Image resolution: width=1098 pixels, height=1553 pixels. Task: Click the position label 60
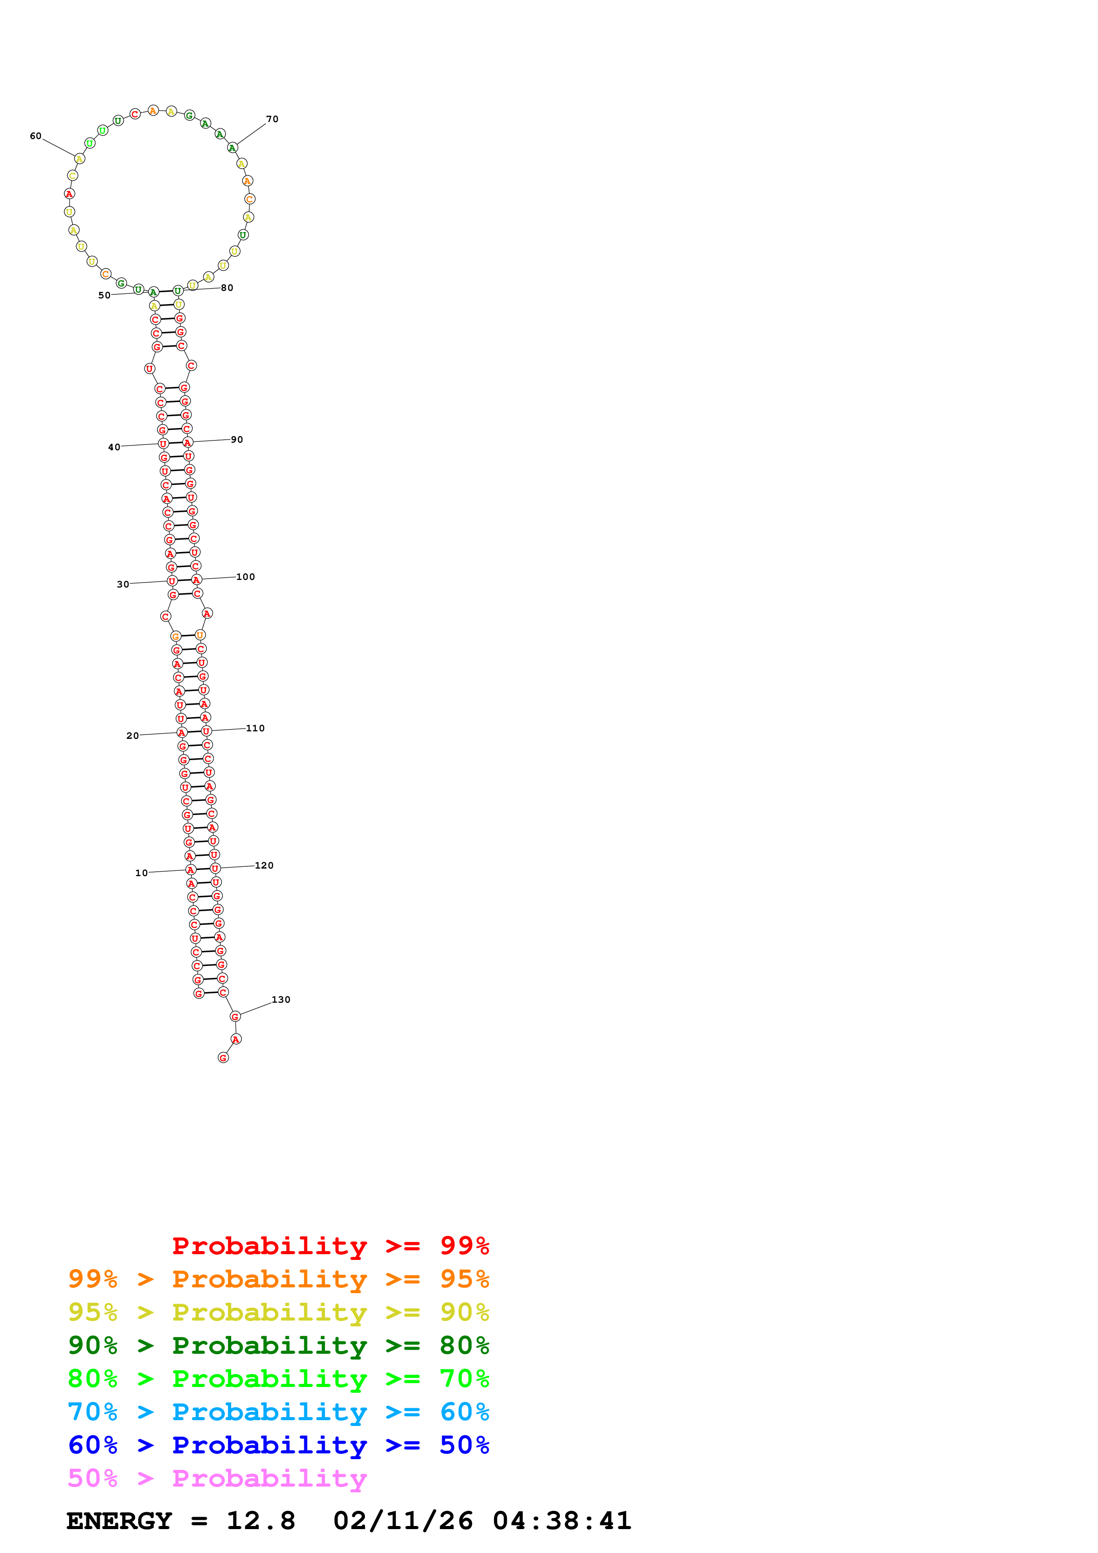(x=35, y=136)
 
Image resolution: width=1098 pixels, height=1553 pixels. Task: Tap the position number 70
(x=272, y=119)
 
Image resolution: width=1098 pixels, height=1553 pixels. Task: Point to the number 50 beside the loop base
(x=104, y=296)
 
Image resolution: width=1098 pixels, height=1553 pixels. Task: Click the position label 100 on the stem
(x=245, y=577)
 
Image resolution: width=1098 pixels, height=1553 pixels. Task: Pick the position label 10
(x=141, y=873)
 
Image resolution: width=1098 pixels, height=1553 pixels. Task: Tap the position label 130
(x=281, y=1000)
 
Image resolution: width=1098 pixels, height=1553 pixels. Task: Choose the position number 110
(x=255, y=729)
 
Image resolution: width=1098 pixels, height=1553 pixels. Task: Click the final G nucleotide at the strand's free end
(x=223, y=1058)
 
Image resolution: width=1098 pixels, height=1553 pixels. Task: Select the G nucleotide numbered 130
(x=235, y=1016)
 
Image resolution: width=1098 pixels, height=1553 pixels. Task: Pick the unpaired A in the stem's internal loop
(x=207, y=614)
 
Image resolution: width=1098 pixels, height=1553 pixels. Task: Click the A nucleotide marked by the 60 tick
(x=79, y=159)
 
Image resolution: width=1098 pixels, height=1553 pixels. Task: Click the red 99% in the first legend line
(x=464, y=1245)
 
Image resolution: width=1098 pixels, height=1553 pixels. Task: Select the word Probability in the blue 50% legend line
(x=269, y=1445)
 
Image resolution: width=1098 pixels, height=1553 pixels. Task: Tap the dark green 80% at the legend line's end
(x=464, y=1345)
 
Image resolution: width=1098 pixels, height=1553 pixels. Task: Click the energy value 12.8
(x=260, y=1521)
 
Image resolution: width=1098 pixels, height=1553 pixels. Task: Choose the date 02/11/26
(x=403, y=1521)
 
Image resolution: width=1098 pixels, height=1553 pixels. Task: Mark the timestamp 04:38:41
(x=562, y=1521)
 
